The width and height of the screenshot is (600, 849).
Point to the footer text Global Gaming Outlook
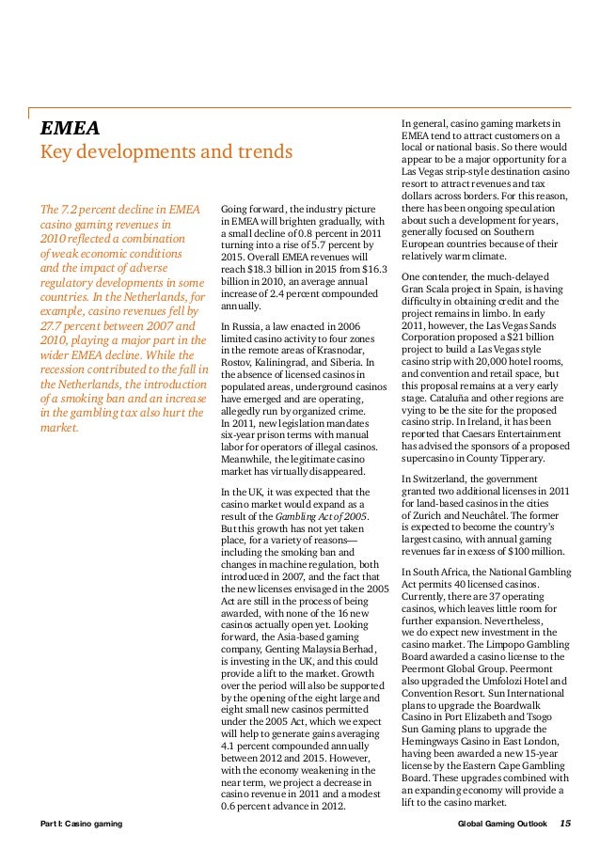(x=499, y=825)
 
